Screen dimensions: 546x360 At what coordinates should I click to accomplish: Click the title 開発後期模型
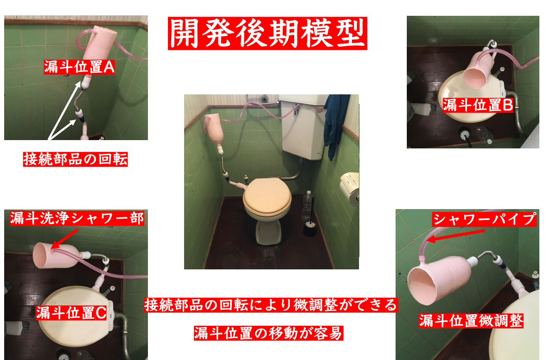(268, 33)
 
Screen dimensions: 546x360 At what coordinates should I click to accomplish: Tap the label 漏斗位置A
(79, 67)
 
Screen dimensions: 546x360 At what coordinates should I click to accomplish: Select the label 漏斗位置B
(478, 105)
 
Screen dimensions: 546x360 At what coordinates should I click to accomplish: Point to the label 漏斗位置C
(71, 313)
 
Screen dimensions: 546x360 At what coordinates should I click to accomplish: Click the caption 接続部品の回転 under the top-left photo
(75, 159)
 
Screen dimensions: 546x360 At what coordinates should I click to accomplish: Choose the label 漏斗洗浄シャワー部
(77, 218)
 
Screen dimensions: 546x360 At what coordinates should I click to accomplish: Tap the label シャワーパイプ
(485, 219)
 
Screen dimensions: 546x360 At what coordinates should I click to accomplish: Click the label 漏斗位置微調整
(471, 321)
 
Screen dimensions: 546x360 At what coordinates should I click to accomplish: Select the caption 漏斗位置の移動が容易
(268, 333)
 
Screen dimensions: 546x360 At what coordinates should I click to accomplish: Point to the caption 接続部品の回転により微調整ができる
(271, 305)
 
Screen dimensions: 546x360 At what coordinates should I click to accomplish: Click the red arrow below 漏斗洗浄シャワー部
(64, 239)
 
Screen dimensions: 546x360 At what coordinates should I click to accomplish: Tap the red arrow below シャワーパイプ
(455, 236)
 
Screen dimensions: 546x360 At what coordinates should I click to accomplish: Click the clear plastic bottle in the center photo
(307, 206)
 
